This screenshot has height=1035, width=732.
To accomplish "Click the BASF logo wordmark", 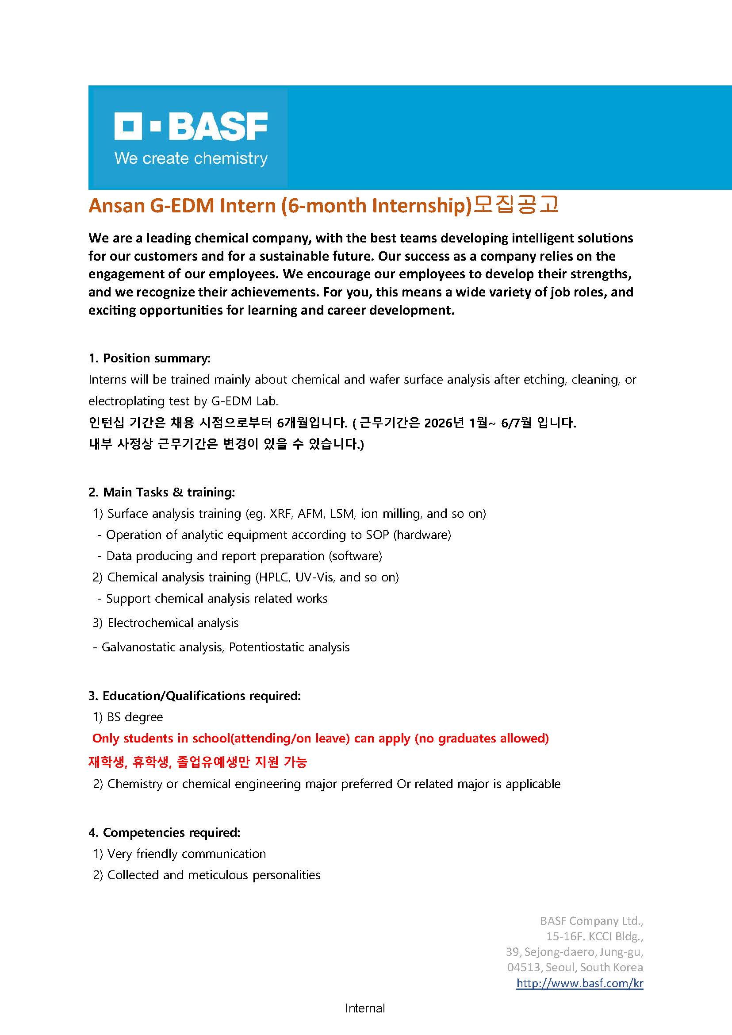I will (191, 126).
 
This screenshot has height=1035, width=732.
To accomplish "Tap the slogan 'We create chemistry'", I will (191, 158).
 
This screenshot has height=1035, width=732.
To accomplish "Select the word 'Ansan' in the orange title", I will (116, 206).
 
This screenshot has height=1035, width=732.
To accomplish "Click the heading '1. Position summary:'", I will (149, 358).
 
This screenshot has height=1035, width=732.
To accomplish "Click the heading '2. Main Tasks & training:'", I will (162, 492).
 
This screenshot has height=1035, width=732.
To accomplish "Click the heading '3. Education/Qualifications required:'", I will (195, 696).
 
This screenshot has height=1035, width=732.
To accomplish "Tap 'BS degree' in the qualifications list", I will (135, 717).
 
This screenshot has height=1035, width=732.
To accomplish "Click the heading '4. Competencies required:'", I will (165, 832).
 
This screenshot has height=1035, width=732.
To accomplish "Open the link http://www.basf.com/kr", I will (580, 983).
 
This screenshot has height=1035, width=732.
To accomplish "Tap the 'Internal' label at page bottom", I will (365, 1008).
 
